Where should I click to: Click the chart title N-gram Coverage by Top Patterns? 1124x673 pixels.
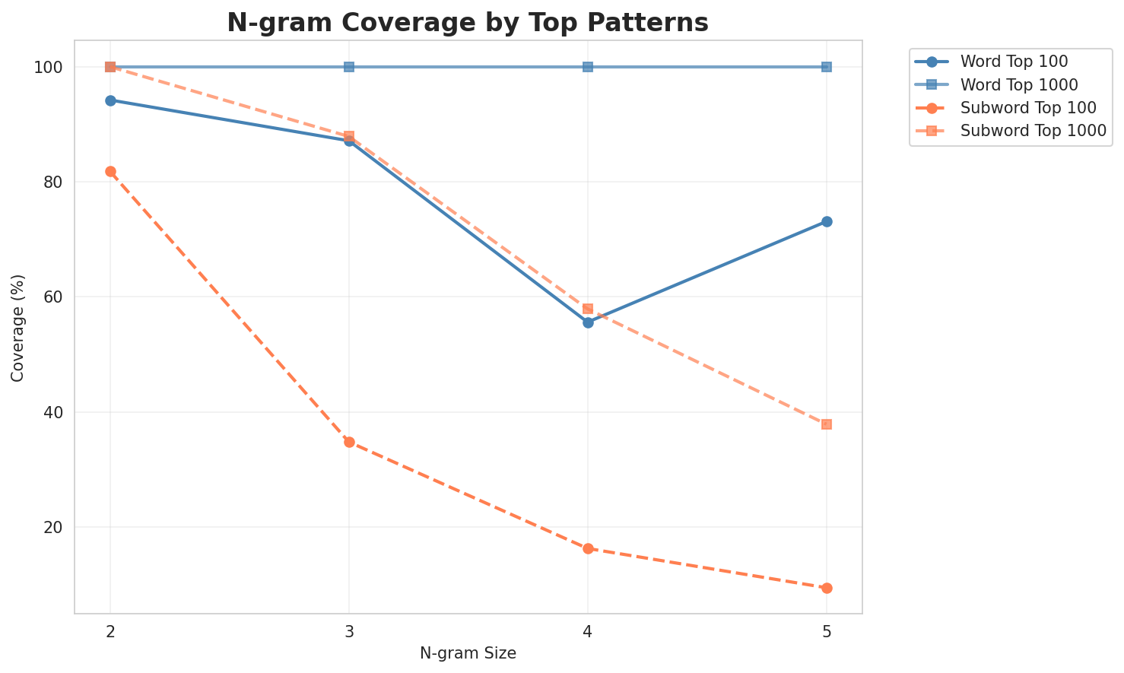(x=468, y=23)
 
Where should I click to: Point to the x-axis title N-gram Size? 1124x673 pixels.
(x=468, y=653)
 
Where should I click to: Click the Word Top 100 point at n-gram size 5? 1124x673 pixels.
(x=827, y=221)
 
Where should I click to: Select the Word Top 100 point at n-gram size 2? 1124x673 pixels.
(x=110, y=100)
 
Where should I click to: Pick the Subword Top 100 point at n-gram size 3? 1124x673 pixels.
(x=349, y=442)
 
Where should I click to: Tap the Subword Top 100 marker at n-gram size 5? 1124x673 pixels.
(x=827, y=588)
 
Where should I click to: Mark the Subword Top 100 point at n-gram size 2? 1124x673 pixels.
(x=110, y=172)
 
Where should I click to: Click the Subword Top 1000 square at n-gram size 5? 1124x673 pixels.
(x=827, y=424)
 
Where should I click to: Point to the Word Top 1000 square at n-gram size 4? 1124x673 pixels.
(x=588, y=67)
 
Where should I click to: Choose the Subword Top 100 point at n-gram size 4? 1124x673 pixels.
(x=588, y=548)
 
